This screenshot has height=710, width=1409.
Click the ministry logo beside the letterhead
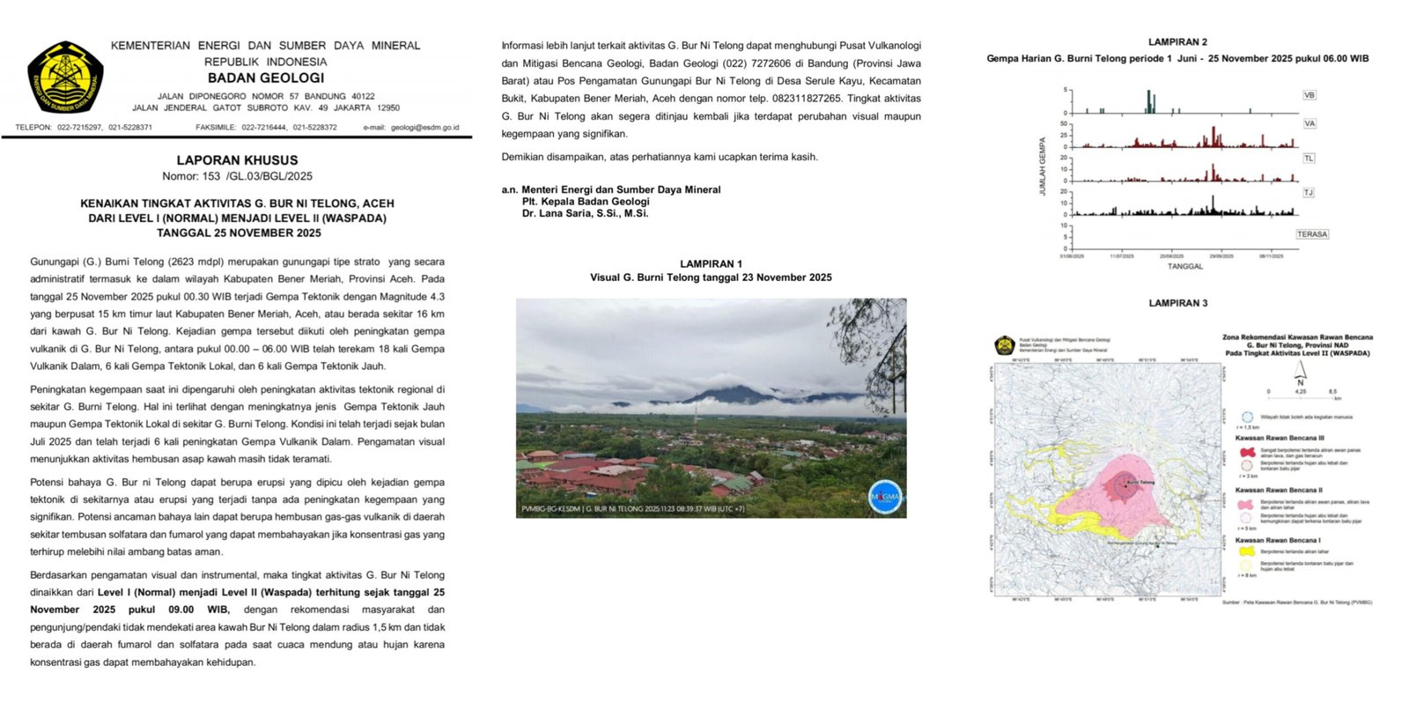65,77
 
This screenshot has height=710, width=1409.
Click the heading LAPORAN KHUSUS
237,160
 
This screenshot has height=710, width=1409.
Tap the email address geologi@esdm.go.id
411,128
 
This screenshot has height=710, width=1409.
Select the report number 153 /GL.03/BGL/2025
237,176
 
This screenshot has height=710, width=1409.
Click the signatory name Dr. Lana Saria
585,213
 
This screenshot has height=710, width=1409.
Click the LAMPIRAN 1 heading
711,264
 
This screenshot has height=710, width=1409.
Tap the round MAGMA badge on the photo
884,497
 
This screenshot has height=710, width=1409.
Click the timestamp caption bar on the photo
632,508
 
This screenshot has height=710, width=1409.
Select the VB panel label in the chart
1309,95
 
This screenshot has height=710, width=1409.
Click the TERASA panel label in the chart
1311,234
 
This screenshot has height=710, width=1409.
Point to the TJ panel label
1308,192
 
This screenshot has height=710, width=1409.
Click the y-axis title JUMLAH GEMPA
1043,166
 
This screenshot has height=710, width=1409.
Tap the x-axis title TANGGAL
1184,266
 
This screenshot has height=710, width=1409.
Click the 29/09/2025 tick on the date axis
1221,256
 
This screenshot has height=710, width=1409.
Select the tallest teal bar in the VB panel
1148,101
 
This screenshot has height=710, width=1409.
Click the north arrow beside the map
1300,374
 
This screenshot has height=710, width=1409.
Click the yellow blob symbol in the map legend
1246,551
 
